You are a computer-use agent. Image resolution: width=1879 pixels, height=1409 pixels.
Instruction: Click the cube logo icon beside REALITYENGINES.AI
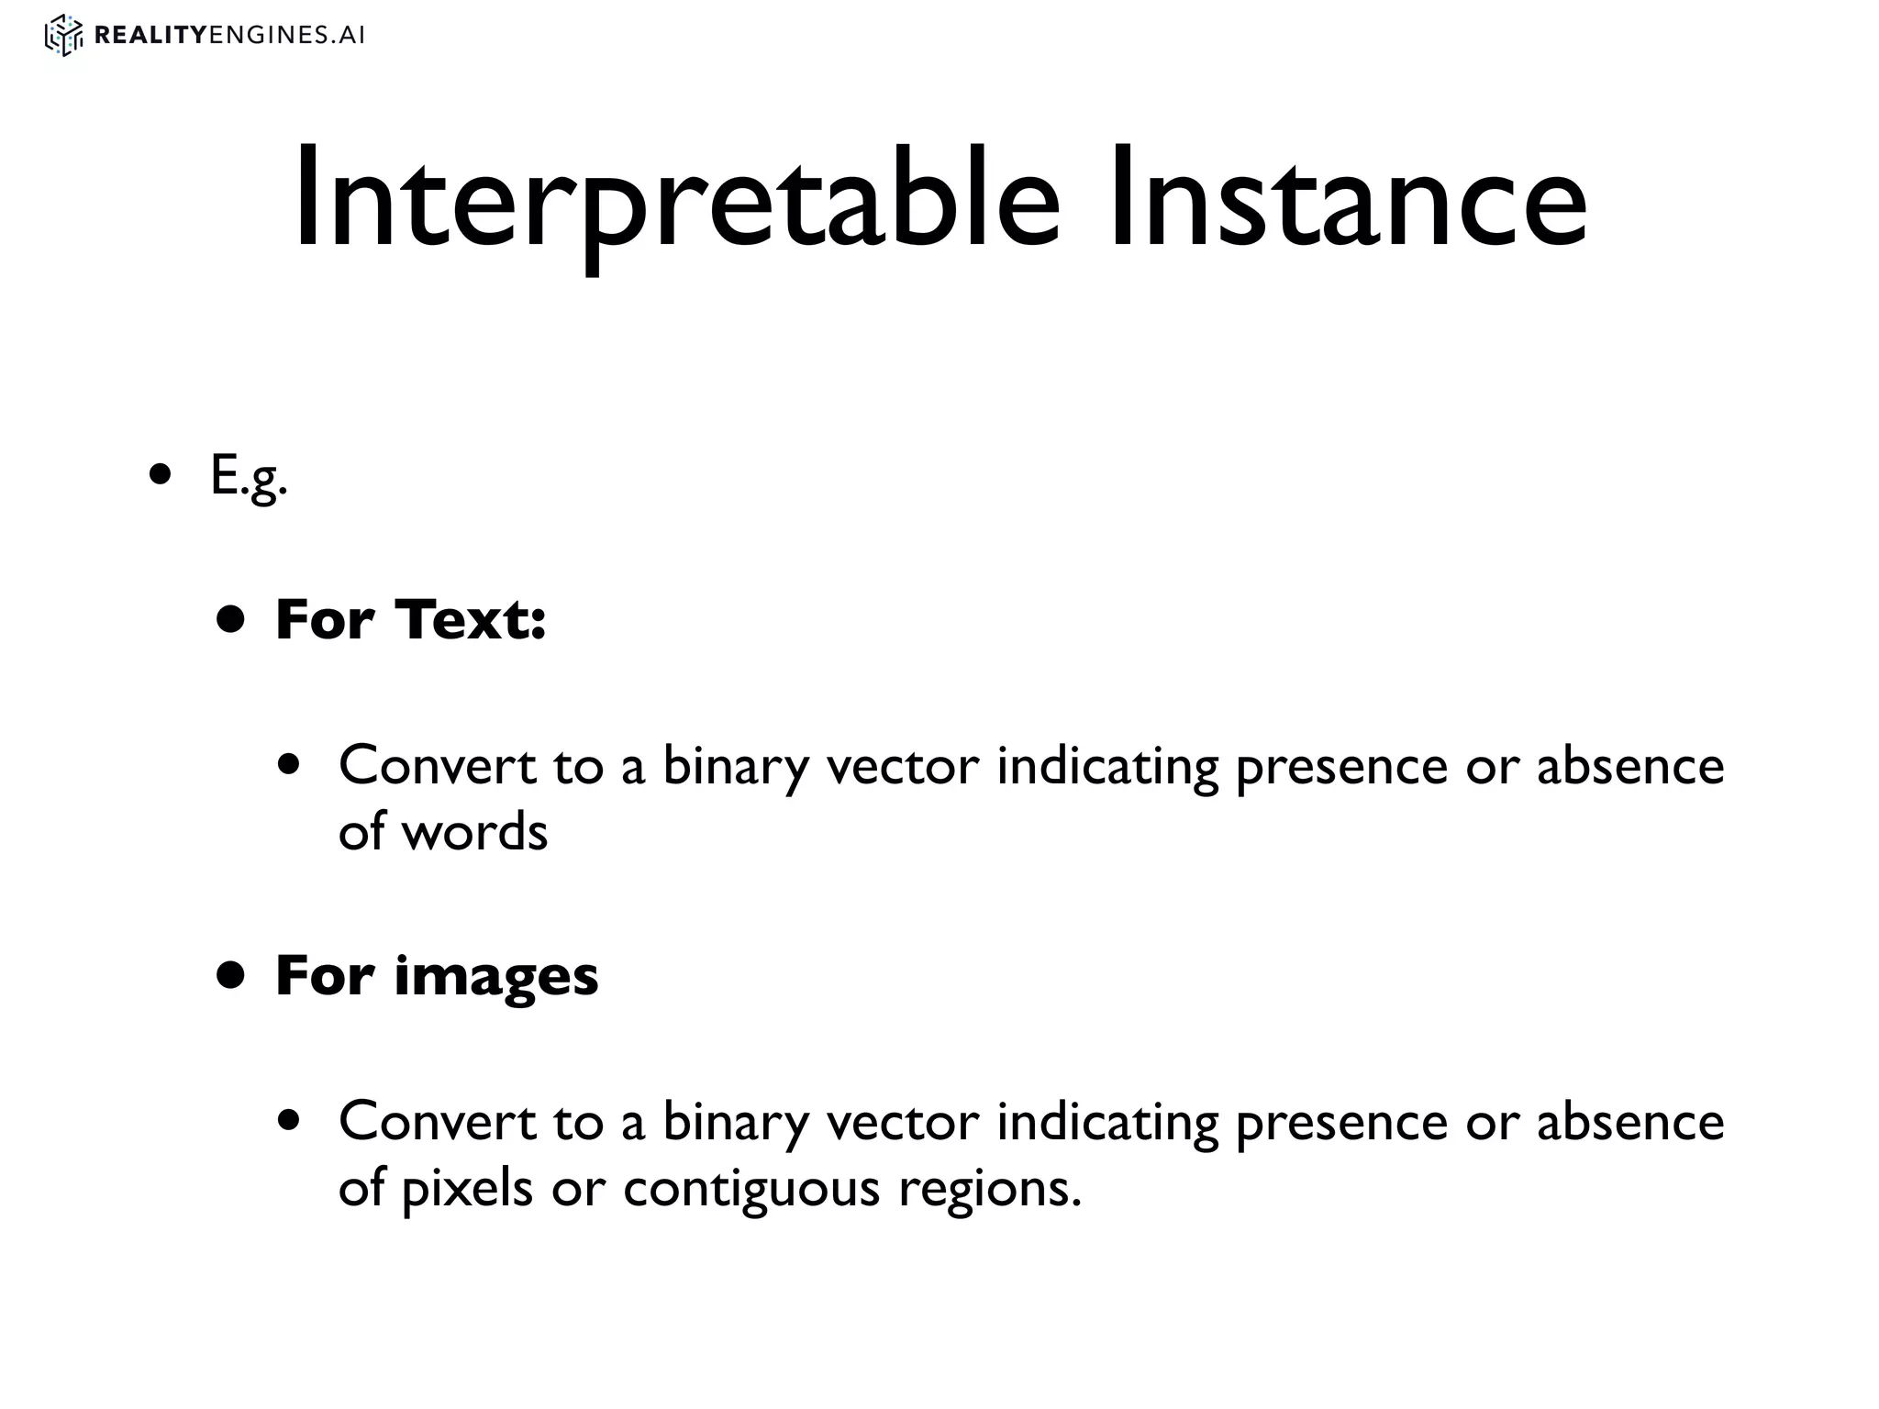coord(63,36)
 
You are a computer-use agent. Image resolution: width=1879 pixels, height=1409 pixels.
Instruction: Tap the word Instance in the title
coord(1347,199)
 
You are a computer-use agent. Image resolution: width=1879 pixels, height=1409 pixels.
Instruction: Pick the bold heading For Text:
coord(410,619)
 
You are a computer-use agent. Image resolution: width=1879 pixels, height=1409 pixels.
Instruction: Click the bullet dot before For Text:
coord(231,619)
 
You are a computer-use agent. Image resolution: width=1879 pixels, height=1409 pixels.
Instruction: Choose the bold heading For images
coord(437,975)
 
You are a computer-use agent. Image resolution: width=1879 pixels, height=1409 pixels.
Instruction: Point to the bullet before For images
coord(231,975)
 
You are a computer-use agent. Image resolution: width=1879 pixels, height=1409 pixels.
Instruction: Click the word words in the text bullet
coord(475,832)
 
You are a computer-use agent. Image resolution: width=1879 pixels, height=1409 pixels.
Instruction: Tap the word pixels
coord(468,1189)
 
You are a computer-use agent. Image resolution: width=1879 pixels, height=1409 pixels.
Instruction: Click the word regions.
coord(989,1189)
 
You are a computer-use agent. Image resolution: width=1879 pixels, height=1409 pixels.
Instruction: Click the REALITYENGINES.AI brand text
coord(229,36)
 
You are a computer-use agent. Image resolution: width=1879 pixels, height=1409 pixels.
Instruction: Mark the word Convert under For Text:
coord(437,765)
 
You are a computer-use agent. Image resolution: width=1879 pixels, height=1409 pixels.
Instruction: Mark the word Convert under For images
coord(437,1121)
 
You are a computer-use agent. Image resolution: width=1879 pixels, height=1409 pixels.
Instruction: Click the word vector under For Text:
coord(903,765)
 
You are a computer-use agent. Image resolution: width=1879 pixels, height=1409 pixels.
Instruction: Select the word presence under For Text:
coord(1341,765)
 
